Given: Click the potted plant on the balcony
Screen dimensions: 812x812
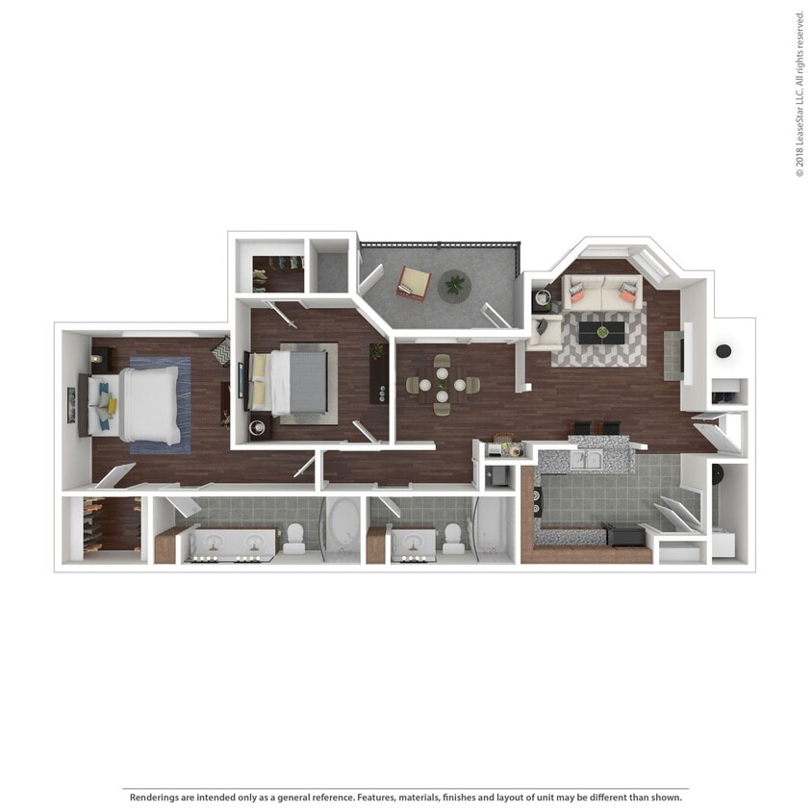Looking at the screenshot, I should [454, 286].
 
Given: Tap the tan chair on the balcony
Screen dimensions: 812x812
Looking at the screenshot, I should [414, 283].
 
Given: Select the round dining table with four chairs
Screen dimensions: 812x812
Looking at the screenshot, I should [442, 384].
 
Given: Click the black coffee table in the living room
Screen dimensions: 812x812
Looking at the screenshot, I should [601, 333].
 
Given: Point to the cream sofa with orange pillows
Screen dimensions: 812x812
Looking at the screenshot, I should [601, 292].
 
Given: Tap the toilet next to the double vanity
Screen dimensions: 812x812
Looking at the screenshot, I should [294, 540].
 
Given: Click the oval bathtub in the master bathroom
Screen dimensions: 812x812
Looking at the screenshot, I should [342, 528].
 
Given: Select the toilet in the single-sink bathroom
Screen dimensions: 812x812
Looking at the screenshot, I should [452, 539].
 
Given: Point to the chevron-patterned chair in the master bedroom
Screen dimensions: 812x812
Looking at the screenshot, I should [221, 351].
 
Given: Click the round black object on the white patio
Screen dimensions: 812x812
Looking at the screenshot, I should [723, 351].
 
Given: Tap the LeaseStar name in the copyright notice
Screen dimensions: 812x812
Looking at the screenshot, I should [799, 106].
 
